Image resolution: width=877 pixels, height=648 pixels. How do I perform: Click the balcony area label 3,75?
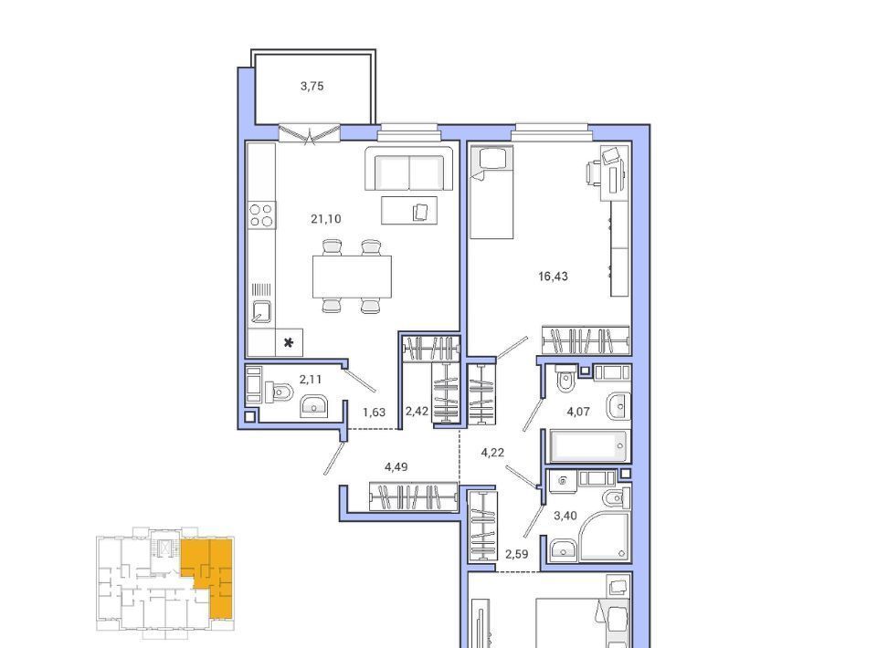coord(312,86)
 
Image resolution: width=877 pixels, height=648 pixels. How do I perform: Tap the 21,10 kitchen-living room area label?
coord(325,219)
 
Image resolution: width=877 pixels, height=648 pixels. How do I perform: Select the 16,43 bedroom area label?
coord(553,276)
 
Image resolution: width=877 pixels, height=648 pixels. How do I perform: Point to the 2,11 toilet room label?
coord(311,380)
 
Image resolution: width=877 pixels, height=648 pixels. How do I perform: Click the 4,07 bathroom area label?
coord(577,412)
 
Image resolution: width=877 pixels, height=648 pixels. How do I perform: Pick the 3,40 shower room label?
coord(565,516)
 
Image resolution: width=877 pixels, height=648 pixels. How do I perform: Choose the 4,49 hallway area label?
coord(396,466)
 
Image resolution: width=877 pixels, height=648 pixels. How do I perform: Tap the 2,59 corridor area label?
coord(516,554)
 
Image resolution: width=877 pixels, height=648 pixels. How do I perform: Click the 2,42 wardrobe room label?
coord(417,411)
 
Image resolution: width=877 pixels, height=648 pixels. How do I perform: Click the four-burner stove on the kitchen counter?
coord(261,215)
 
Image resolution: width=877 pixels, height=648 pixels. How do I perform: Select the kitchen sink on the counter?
coord(261,312)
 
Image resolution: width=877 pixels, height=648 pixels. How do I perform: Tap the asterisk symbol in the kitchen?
coord(289,342)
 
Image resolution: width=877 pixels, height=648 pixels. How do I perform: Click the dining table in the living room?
coord(352,277)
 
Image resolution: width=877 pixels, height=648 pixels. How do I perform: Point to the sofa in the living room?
coord(409,168)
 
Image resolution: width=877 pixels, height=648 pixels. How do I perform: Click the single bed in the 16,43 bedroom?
coord(491,193)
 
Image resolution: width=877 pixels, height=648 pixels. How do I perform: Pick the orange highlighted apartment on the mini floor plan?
coord(209,575)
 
